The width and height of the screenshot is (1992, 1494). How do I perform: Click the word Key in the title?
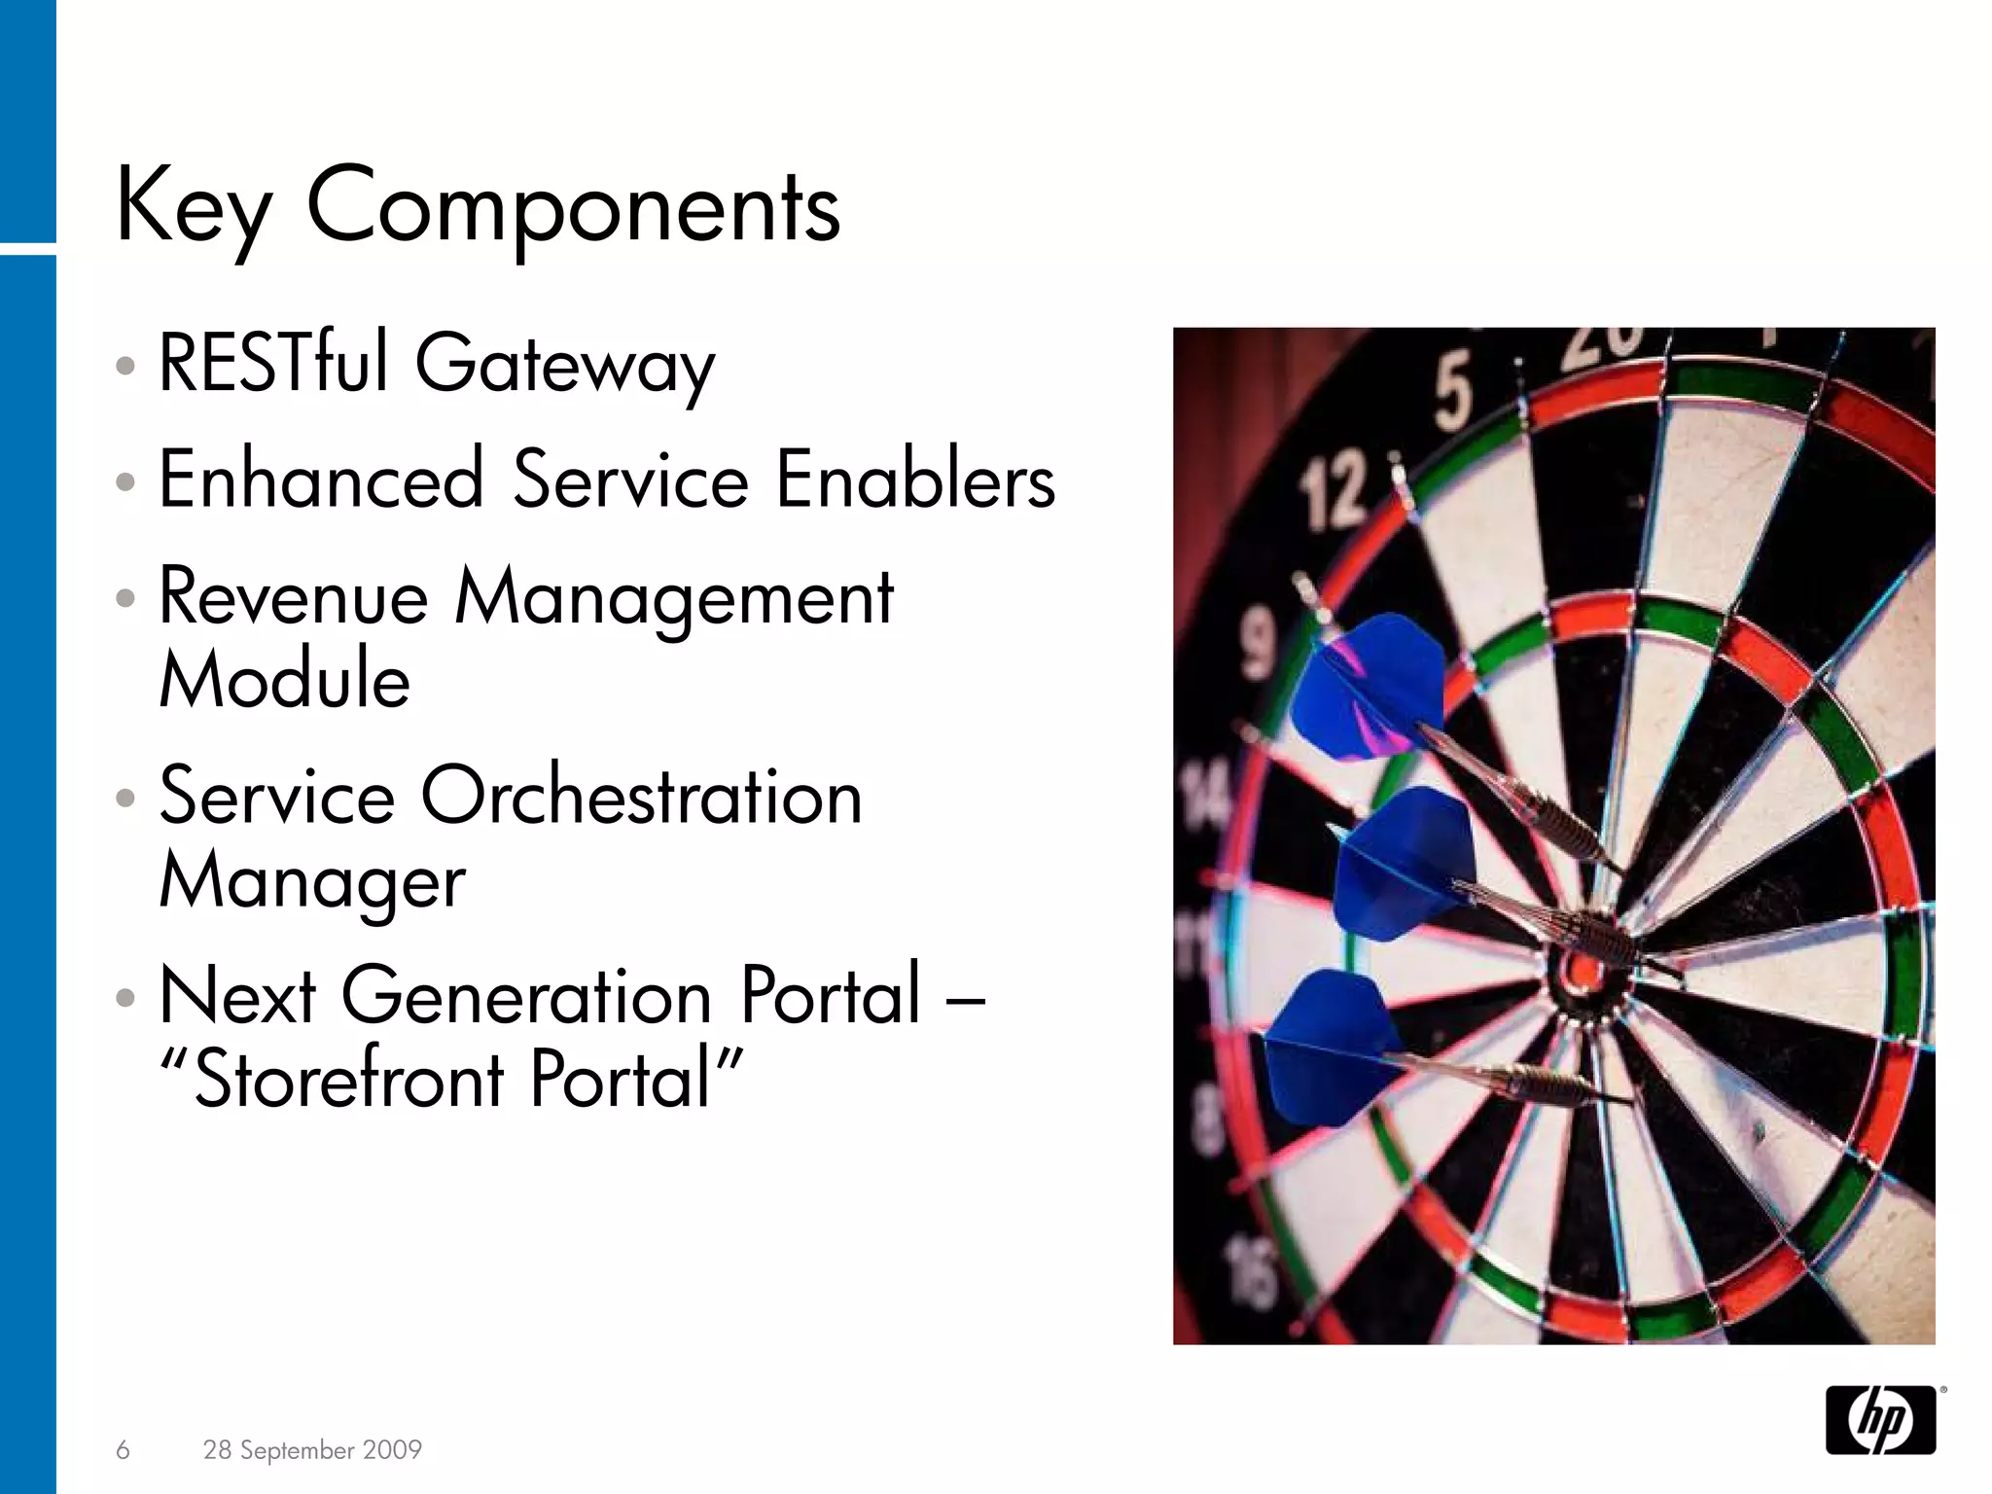point(193,208)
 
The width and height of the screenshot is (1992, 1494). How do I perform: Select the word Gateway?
point(565,368)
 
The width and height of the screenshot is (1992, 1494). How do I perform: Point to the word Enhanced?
point(321,479)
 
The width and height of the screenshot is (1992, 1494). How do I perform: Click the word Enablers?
point(915,479)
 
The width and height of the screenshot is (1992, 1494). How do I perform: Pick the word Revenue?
point(294,596)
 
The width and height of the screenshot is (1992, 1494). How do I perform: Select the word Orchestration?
point(641,796)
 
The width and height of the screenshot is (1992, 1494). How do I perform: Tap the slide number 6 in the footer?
point(123,1450)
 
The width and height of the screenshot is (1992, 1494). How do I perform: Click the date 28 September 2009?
point(312,1450)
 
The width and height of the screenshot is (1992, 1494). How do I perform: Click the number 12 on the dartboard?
point(1335,493)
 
